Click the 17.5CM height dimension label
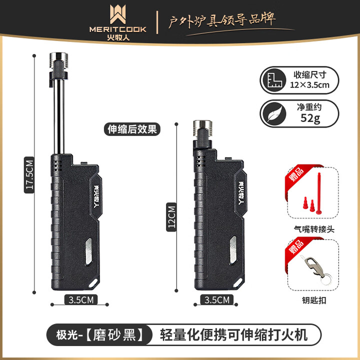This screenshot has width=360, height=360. coord(29,174)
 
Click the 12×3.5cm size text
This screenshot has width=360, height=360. coord(310,84)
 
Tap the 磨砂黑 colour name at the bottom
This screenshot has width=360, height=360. coord(117,333)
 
